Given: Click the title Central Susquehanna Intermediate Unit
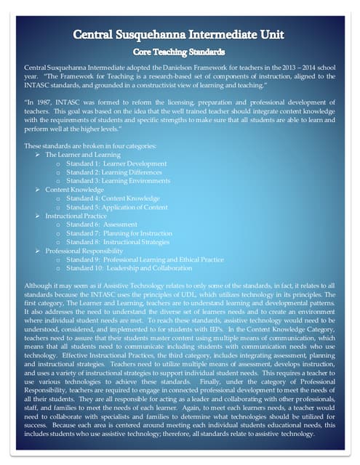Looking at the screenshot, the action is pos(180,36).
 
